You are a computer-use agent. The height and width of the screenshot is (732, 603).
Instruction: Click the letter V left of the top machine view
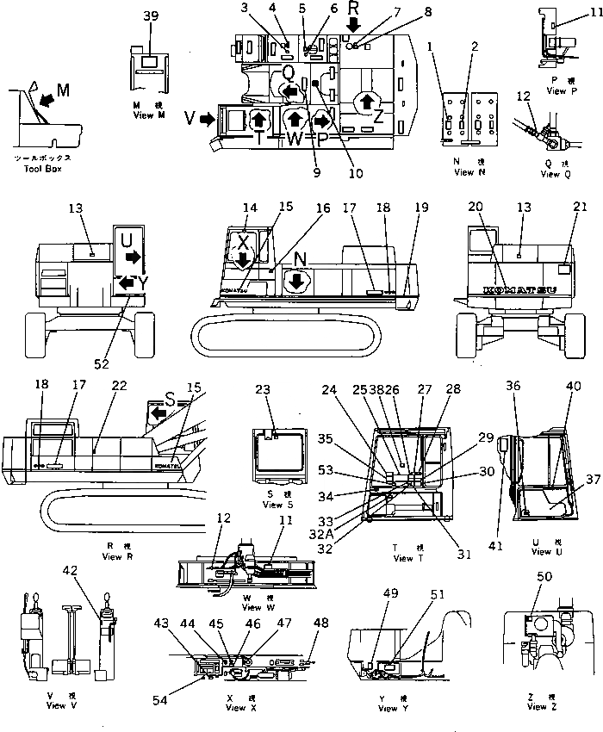190,121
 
